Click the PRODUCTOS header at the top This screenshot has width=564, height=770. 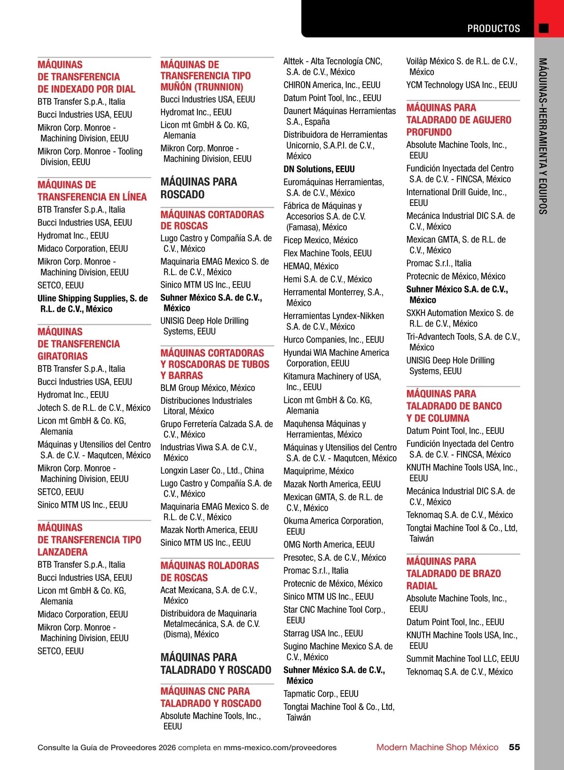[x=493, y=29]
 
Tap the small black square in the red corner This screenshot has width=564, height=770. [x=544, y=28]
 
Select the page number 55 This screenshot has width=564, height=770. [x=514, y=747]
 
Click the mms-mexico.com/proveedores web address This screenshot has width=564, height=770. [x=280, y=747]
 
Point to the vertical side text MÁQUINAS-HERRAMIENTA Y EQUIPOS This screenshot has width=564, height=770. [x=543, y=136]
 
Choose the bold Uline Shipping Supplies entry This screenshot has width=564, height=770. [x=93, y=303]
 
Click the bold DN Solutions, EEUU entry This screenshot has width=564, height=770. [x=319, y=169]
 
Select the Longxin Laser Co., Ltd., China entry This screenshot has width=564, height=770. [x=212, y=471]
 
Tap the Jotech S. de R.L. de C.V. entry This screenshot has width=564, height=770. [x=94, y=408]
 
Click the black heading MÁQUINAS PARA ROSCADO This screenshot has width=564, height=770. [x=199, y=188]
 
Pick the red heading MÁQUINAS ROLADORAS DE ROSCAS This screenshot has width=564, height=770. [x=210, y=572]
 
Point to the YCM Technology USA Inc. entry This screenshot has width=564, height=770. [x=462, y=85]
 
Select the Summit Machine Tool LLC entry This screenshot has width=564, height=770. [x=462, y=659]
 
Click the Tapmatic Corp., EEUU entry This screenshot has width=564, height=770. [x=321, y=694]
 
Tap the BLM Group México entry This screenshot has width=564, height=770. [x=208, y=388]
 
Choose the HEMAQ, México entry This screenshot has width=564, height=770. [x=311, y=266]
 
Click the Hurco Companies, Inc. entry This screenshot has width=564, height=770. [x=334, y=339]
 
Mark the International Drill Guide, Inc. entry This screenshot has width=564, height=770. [x=456, y=197]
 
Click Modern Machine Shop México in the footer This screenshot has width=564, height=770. [x=437, y=747]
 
